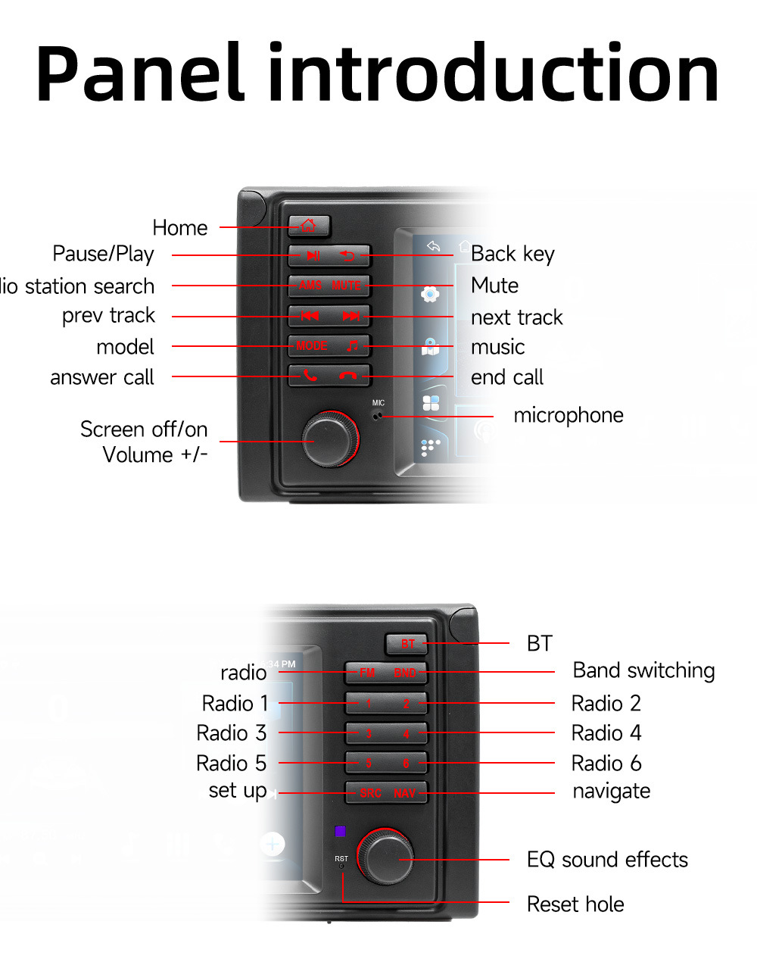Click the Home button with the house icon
pyautogui.click(x=309, y=226)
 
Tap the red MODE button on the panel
pyautogui.click(x=312, y=345)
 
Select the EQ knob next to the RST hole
pyautogui.click(x=386, y=857)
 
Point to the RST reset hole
pyautogui.click(x=341, y=867)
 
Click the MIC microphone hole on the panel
pyautogui.click(x=378, y=414)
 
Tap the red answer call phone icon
pyautogui.click(x=310, y=375)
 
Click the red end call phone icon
pyautogui.click(x=348, y=375)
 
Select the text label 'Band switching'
pyautogui.click(x=643, y=670)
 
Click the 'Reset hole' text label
pyautogui.click(x=575, y=904)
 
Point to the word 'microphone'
pyautogui.click(x=569, y=415)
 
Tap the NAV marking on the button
pyautogui.click(x=405, y=793)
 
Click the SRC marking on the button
pyautogui.click(x=370, y=793)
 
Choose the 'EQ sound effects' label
pyautogui.click(x=607, y=860)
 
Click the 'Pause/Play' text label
pyautogui.click(x=103, y=254)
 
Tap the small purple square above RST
pyautogui.click(x=340, y=831)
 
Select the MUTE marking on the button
pyautogui.click(x=347, y=286)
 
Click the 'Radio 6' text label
pyautogui.click(x=606, y=763)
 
